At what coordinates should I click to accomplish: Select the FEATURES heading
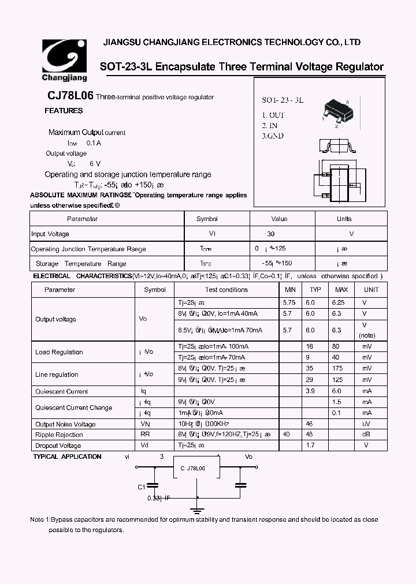tap(64, 111)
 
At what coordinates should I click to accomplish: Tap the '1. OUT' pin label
tap(273, 115)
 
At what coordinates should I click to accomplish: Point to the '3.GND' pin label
tap(273, 136)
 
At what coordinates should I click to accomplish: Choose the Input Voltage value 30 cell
tap(271, 234)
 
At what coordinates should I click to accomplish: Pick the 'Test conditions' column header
tap(226, 290)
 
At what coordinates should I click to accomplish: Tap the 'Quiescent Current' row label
tap(61, 391)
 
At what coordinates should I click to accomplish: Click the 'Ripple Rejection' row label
tap(59, 435)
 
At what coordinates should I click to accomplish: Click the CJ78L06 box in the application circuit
tap(197, 469)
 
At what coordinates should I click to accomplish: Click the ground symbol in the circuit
tap(197, 510)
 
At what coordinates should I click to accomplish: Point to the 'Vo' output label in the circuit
tap(248, 456)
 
